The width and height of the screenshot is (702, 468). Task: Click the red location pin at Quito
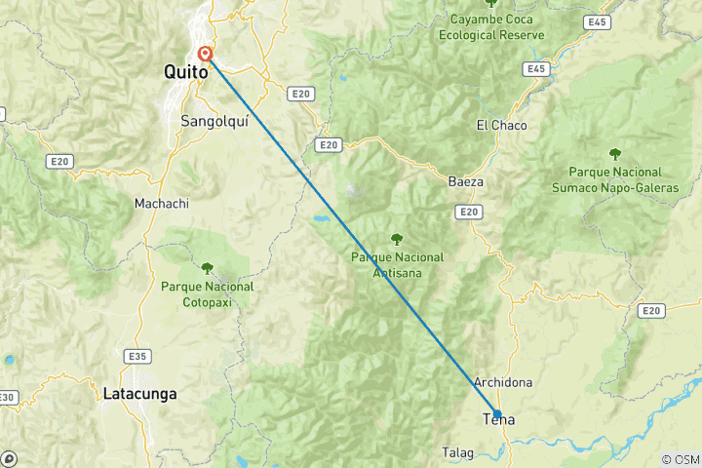(x=206, y=55)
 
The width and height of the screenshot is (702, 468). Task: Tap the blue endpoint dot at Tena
(x=497, y=414)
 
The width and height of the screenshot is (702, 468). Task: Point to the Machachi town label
(x=161, y=204)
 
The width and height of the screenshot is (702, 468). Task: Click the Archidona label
(x=502, y=382)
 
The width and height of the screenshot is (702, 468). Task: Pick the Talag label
(x=458, y=454)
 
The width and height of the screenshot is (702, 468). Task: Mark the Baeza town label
(x=466, y=181)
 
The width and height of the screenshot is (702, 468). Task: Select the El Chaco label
(x=501, y=125)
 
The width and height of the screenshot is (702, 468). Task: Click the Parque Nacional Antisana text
(x=397, y=264)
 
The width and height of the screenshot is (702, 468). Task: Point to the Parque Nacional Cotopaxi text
(x=207, y=293)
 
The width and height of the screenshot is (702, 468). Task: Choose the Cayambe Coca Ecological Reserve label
(x=491, y=26)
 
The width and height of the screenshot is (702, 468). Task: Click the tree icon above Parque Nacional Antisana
(x=397, y=238)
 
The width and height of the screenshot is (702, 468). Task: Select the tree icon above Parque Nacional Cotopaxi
(x=207, y=267)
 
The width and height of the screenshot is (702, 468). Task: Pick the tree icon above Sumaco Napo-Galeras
(x=615, y=152)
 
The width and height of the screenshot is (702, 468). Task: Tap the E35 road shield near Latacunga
(x=136, y=356)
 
